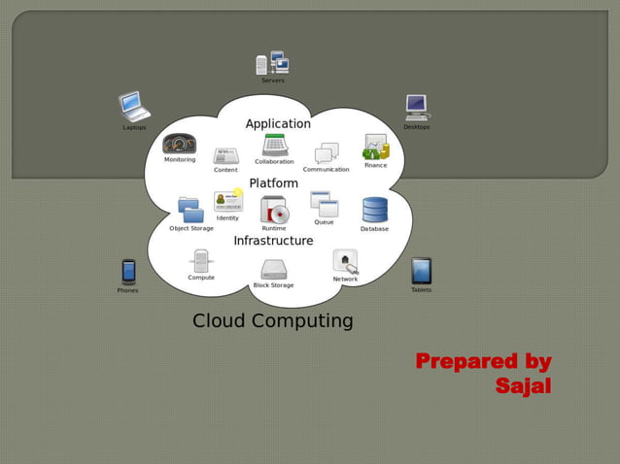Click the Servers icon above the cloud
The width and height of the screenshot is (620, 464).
[272, 63]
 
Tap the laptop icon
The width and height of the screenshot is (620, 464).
[134, 106]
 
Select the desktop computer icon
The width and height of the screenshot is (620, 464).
[416, 107]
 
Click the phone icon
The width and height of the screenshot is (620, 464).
[128, 271]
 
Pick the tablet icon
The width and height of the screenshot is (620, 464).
[421, 271]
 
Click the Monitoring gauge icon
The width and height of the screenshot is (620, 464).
[180, 144]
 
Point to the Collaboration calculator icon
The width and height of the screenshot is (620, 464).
[274, 146]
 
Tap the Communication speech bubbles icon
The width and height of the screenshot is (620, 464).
[327, 153]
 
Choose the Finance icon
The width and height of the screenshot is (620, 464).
[376, 148]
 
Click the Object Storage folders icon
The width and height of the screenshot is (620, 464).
[190, 210]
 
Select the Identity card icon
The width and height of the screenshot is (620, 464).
[227, 201]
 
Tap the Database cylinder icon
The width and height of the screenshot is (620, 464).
[375, 210]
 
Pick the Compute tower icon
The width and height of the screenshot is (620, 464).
[201, 260]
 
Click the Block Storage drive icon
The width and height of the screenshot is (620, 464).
[274, 270]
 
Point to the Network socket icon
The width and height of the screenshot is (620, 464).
[345, 260]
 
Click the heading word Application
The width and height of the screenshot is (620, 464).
[278, 124]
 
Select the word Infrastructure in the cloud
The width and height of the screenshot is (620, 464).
[273, 241]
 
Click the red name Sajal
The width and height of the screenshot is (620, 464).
[523, 386]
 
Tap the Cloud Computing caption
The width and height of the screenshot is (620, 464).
[272, 321]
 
